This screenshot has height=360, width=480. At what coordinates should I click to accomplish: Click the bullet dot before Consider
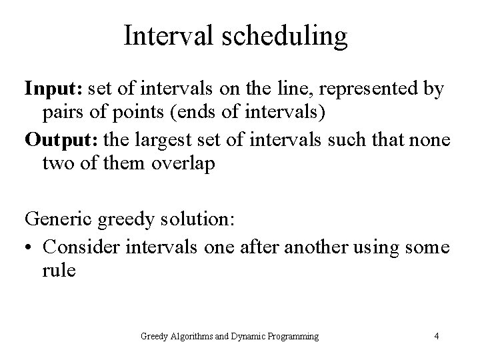[x=29, y=246]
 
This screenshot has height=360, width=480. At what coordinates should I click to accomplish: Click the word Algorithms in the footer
[x=197, y=335]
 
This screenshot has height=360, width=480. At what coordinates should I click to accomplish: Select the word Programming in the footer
[x=291, y=335]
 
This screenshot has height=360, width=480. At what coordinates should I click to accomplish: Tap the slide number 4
[x=436, y=335]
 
